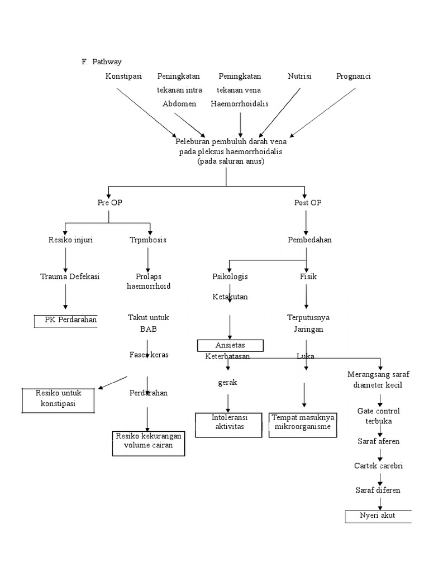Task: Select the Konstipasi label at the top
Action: [123, 76]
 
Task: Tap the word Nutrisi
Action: [299, 76]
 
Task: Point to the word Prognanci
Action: [354, 76]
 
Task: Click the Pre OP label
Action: [109, 203]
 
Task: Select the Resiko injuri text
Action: [70, 240]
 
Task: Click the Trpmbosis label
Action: [147, 240]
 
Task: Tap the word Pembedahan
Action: [309, 240]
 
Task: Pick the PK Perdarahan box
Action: [66, 320]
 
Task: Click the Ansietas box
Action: [230, 345]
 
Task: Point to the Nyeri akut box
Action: [378, 516]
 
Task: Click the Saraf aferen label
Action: [378, 441]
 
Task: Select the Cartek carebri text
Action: [378, 465]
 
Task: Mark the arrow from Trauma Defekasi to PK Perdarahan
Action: [66, 295]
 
